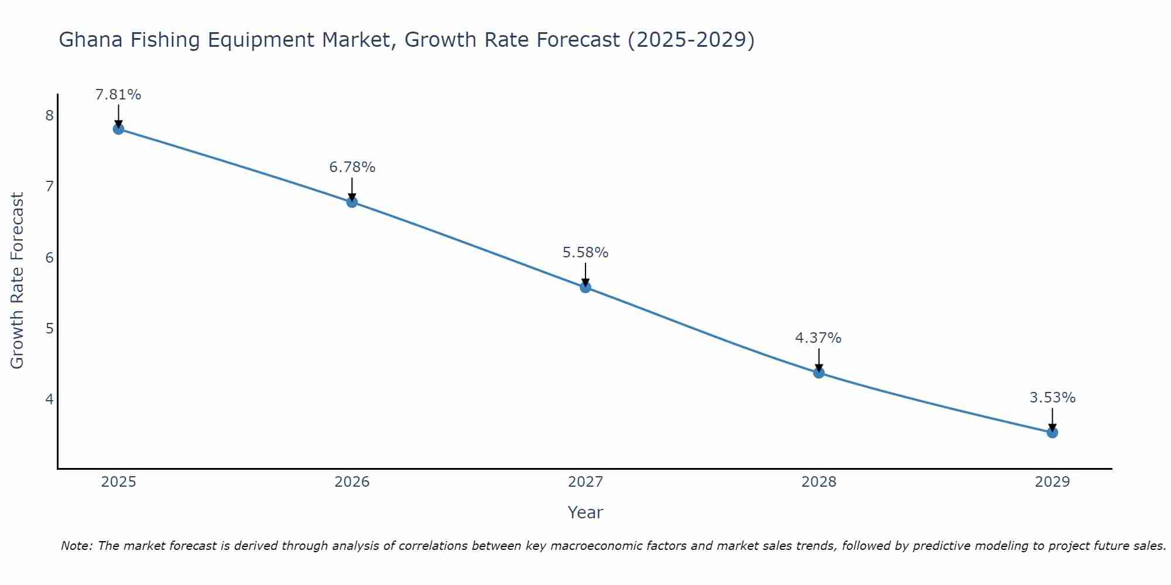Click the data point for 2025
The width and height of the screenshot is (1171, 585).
[118, 129]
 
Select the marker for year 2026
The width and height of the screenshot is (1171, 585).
[352, 202]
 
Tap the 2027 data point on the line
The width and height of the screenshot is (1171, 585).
[585, 287]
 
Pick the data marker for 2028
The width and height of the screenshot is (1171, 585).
[819, 373]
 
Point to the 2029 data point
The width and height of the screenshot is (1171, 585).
[1052, 432]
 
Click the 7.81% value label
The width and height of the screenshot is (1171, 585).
[118, 95]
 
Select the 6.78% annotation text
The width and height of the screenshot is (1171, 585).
[352, 167]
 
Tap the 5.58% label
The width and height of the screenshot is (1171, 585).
[585, 253]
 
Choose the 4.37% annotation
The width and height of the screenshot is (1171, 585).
[819, 338]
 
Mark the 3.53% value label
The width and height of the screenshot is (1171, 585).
[1052, 398]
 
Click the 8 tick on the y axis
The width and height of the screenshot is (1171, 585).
[49, 115]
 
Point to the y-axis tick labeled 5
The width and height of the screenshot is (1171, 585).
[49, 328]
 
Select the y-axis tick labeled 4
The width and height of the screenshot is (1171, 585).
[49, 399]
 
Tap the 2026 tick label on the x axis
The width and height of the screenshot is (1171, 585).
[352, 482]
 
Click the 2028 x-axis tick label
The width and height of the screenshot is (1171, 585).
[819, 482]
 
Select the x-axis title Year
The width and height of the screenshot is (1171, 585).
[585, 512]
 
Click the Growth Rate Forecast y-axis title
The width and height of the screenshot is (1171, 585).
[18, 281]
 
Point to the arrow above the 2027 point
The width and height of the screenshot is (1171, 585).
[585, 274]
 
